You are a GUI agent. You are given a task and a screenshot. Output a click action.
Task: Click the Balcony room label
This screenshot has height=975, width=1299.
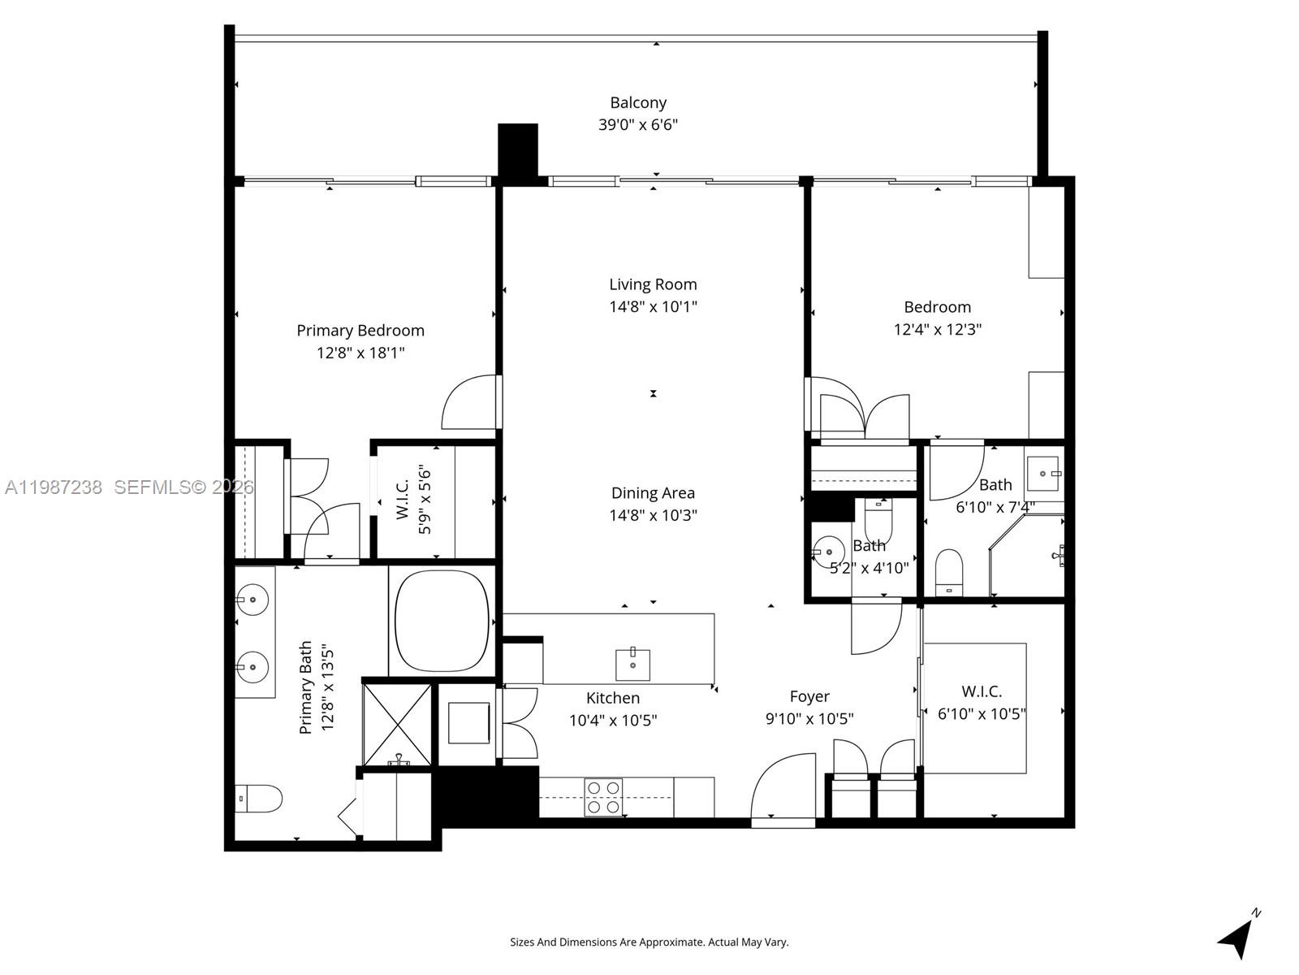coord(638,103)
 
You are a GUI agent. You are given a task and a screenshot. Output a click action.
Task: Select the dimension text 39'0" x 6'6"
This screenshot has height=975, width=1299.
coord(638,125)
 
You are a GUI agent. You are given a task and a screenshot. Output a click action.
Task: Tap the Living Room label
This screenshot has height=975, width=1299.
coord(653,284)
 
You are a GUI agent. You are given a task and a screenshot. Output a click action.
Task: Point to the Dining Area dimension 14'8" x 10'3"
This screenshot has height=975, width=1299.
coord(653,515)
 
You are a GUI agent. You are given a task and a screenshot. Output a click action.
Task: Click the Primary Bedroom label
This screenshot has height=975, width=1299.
coord(360,331)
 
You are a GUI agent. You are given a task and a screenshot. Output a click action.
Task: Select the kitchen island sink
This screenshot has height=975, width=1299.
coord(632,664)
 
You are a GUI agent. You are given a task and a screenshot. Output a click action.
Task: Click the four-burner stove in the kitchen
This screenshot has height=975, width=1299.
coord(603,797)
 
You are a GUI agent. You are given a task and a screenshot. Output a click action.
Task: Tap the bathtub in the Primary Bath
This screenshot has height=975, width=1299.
coord(442,621)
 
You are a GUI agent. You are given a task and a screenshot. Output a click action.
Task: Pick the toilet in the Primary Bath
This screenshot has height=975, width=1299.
coord(258,799)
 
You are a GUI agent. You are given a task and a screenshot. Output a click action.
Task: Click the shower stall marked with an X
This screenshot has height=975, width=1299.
coord(397,722)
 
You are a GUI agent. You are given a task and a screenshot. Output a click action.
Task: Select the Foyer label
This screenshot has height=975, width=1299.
coord(809,696)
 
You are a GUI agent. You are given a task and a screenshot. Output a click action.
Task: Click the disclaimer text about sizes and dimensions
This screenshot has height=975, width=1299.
coord(649,942)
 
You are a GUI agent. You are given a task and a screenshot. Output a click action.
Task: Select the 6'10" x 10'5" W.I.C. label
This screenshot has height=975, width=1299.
coord(982,691)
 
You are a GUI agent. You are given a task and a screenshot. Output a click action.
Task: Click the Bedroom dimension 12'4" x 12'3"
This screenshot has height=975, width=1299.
coord(938,330)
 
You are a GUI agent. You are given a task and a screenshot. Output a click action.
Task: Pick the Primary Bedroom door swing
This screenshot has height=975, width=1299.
coord(469,403)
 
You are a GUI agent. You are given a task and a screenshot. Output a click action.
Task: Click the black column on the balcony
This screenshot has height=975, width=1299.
coord(518,150)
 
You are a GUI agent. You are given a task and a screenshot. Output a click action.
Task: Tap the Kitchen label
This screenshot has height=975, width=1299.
coord(613,698)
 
